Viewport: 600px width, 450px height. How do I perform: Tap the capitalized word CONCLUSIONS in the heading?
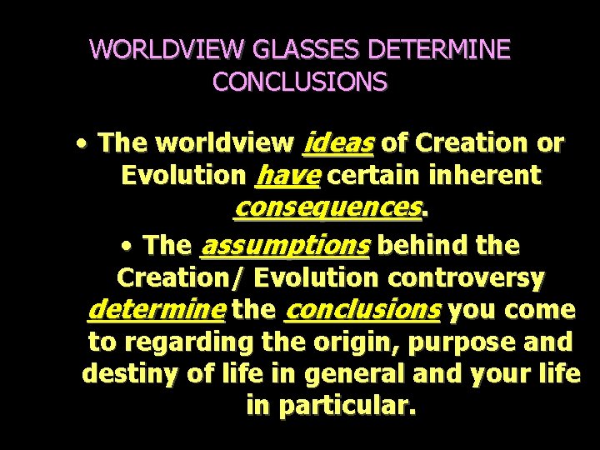point(300,82)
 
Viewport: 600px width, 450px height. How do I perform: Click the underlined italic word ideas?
point(337,143)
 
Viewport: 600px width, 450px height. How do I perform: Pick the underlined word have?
point(287,176)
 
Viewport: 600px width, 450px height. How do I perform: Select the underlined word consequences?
point(327,207)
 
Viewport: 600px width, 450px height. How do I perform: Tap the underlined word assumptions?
point(285,246)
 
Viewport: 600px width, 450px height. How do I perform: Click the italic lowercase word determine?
point(156,311)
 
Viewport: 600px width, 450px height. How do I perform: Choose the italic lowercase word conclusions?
point(362,311)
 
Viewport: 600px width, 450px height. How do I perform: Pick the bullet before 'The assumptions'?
point(125,246)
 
